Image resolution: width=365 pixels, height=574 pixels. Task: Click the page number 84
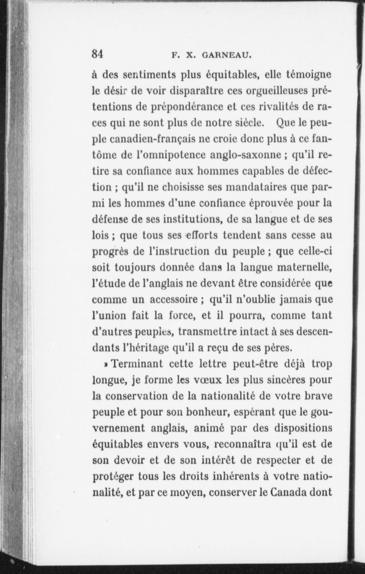[x=97, y=54]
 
